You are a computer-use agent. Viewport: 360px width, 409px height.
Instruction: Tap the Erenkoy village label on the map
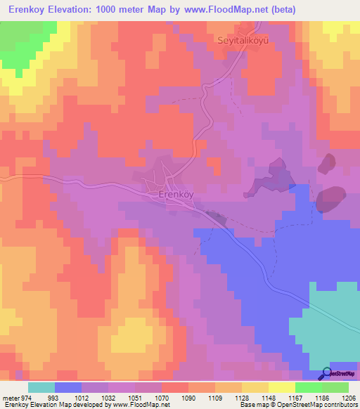tap(175, 193)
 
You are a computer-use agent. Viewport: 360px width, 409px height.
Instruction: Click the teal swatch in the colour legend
tap(41, 388)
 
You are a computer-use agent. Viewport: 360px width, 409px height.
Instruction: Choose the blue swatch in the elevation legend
tap(68, 388)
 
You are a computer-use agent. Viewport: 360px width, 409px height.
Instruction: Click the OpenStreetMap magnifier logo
tap(327, 372)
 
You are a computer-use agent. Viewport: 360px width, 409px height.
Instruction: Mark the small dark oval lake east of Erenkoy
tap(327, 164)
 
